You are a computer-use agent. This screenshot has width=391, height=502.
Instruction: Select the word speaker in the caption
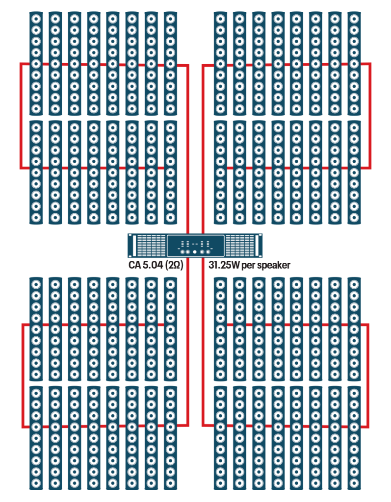[x=272, y=265]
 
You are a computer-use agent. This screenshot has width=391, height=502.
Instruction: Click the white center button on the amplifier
[x=195, y=252]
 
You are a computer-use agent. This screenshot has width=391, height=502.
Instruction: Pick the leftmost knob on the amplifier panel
[x=182, y=252]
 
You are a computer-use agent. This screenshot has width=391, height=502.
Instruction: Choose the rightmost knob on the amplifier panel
[x=208, y=252]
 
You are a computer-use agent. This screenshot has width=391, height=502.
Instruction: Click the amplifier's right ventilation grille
[x=239, y=245]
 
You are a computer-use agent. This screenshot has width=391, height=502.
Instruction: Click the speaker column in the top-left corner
[x=36, y=64]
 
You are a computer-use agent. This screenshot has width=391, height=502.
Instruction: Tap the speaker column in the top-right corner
[x=354, y=64]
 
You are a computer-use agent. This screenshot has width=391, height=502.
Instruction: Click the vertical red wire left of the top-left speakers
[x=21, y=116]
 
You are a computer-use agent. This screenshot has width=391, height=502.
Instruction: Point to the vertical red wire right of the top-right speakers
[x=369, y=116]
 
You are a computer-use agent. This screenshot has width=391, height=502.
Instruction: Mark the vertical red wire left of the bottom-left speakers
[x=23, y=375]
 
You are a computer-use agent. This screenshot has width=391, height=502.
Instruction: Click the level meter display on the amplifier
[x=195, y=243]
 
